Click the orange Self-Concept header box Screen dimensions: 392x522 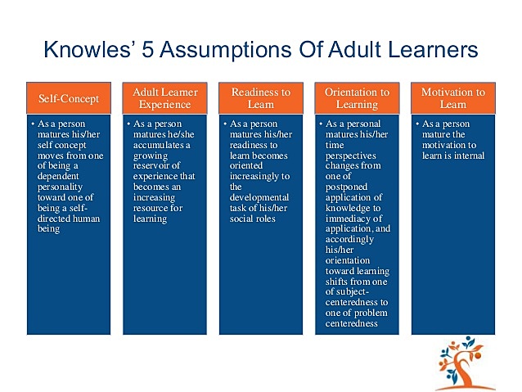pyautogui.click(x=70, y=98)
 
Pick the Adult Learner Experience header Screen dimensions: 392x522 pyautogui.click(x=166, y=98)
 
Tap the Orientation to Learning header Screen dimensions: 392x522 pyautogui.click(x=357, y=98)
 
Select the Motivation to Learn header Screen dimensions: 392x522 pyautogui.click(x=452, y=98)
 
